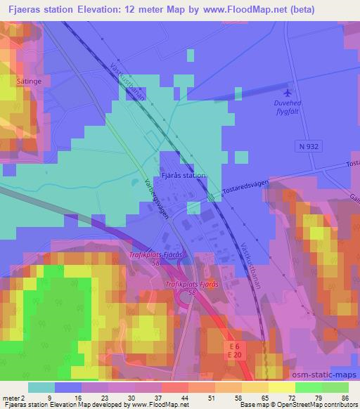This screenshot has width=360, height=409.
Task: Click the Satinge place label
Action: (27, 82)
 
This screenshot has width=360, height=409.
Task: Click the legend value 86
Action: (345, 397)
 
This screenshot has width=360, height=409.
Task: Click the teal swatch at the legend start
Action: (41, 387)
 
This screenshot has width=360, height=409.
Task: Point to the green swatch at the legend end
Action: (335, 387)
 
